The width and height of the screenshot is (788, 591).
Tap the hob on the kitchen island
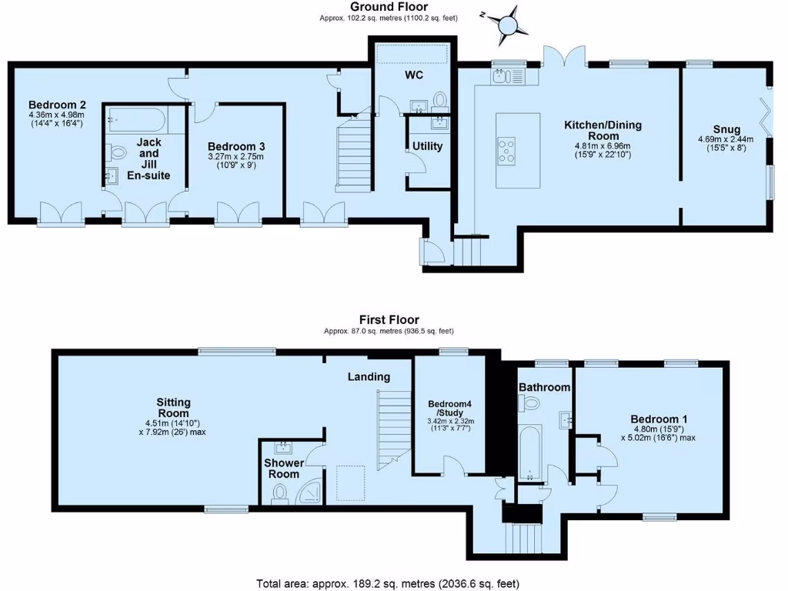(506, 151)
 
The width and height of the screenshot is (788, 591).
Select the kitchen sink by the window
(509, 76)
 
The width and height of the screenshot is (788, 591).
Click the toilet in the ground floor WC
(440, 101)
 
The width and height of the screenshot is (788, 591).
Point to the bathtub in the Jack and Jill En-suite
(137, 119)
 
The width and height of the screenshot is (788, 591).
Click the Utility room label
(428, 146)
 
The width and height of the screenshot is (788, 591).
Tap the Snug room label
(726, 129)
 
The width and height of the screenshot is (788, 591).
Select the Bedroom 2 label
(57, 105)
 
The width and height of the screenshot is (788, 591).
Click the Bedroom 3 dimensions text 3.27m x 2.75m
(235, 156)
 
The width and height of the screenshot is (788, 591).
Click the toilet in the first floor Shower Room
(280, 494)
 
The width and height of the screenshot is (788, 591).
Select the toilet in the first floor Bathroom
(529, 402)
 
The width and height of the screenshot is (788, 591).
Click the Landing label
(369, 377)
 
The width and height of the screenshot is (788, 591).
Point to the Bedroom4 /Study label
(449, 408)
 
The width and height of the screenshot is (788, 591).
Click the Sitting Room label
(173, 408)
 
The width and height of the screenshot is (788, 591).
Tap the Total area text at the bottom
(388, 583)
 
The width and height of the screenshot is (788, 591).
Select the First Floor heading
(389, 319)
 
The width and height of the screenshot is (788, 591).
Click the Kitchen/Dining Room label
(603, 130)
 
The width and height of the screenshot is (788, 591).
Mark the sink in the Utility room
(440, 122)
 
